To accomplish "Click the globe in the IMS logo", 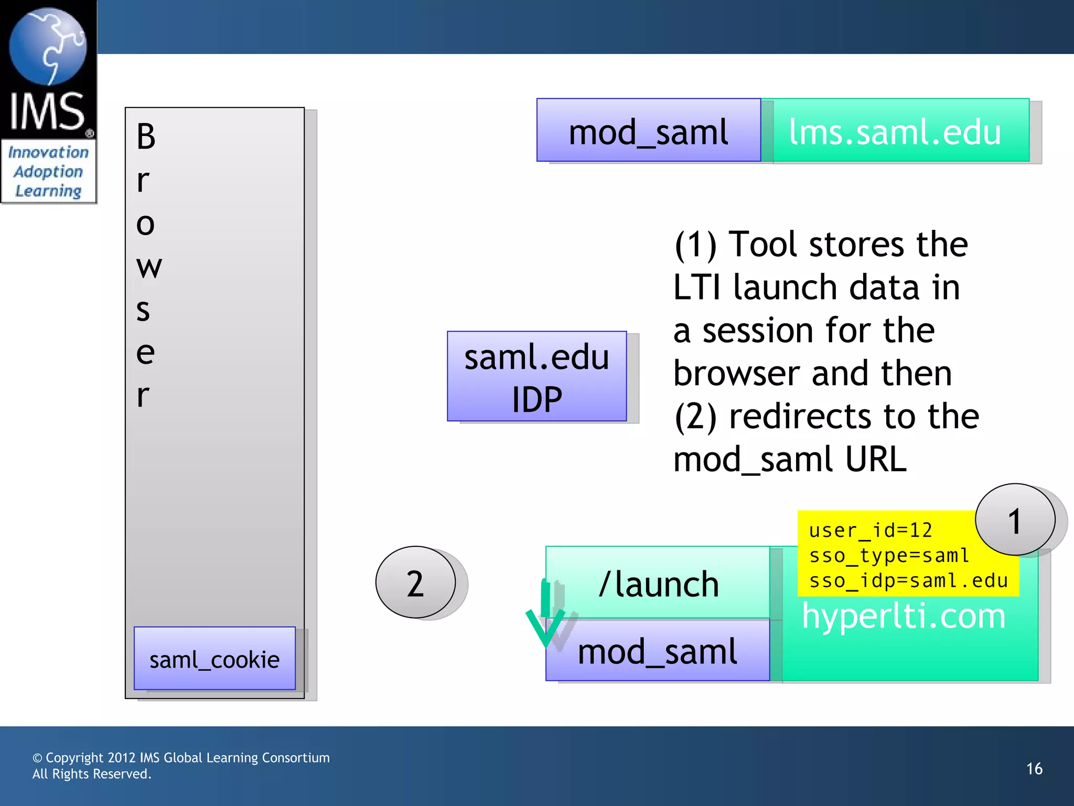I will pyautogui.click(x=48, y=46).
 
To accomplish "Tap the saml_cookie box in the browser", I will pyautogui.click(x=214, y=659).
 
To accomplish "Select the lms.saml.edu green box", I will pyautogui.click(x=895, y=131).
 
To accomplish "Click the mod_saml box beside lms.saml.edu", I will pyautogui.click(x=648, y=131).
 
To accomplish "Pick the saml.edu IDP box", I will pyautogui.click(x=536, y=377).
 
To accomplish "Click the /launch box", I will pyautogui.click(x=659, y=584).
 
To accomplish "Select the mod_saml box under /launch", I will pyautogui.click(x=658, y=651).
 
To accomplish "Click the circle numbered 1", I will pyautogui.click(x=1015, y=520).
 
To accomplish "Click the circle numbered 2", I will pyautogui.click(x=415, y=583).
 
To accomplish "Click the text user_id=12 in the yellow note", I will pyautogui.click(x=871, y=530).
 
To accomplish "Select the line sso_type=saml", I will pyautogui.click(x=889, y=555).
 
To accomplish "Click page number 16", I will pyautogui.click(x=1034, y=769).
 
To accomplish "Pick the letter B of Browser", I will pyautogui.click(x=146, y=137).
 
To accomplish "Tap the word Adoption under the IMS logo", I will pyautogui.click(x=48, y=172).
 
